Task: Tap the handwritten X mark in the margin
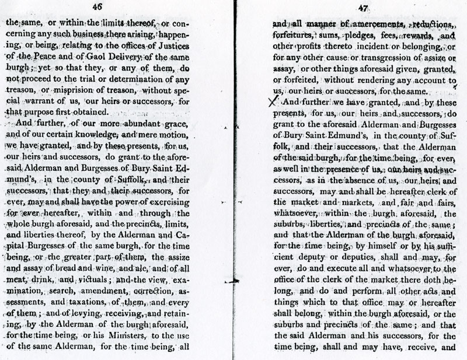(x=270, y=101)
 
